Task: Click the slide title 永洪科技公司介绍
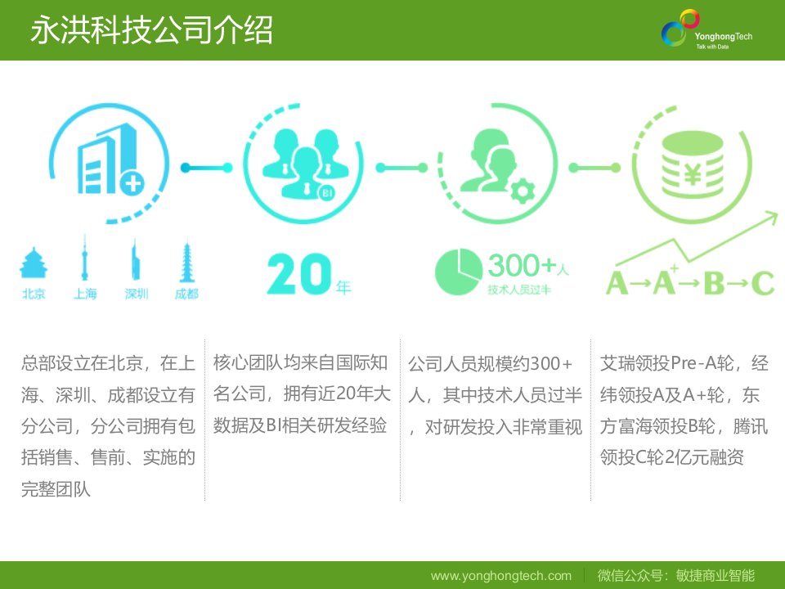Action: pyautogui.click(x=151, y=30)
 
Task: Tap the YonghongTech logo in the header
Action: pyautogui.click(x=706, y=29)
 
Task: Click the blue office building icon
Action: pyautogui.click(x=110, y=160)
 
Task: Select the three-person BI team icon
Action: pyautogui.click(x=305, y=164)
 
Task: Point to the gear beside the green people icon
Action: pyautogui.click(x=523, y=191)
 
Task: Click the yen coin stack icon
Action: pyautogui.click(x=693, y=165)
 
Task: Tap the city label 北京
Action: pyautogui.click(x=34, y=294)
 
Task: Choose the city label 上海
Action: pyautogui.click(x=85, y=294)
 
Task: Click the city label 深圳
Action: pyautogui.click(x=137, y=294)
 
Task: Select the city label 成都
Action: pyautogui.click(x=186, y=294)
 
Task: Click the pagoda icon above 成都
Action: pyautogui.click(x=186, y=262)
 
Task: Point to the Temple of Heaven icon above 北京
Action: pyautogui.click(x=34, y=263)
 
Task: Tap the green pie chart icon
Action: pyautogui.click(x=458, y=272)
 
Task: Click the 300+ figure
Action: pyautogui.click(x=523, y=265)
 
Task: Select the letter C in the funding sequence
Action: pyautogui.click(x=762, y=283)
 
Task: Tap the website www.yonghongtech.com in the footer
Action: pyautogui.click(x=500, y=576)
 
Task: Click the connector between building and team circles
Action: pyautogui.click(x=206, y=168)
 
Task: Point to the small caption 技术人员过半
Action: pyautogui.click(x=519, y=290)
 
